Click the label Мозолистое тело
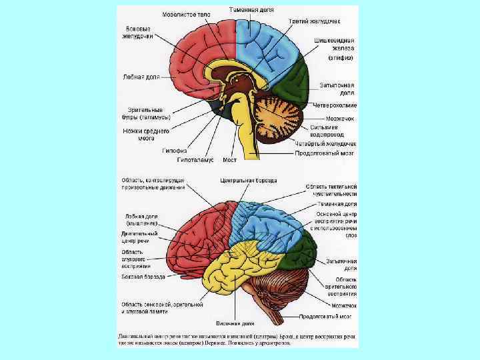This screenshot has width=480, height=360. pos(186,14)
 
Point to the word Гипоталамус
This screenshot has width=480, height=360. pos(195,161)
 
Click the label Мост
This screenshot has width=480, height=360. pos(230,161)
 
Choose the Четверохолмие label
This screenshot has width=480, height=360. pos(337,105)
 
